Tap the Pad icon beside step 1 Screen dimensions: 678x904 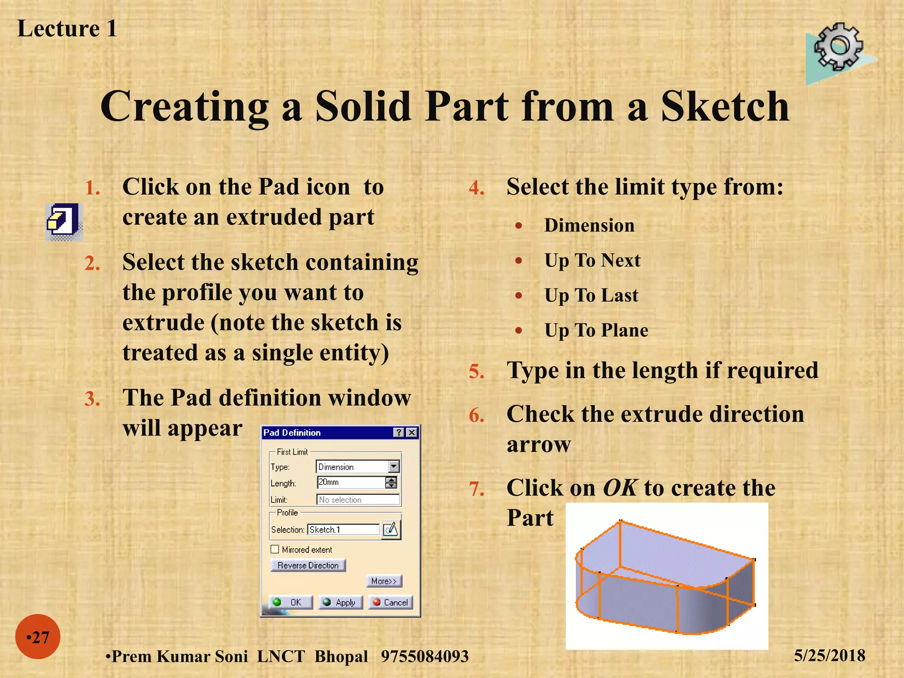[x=64, y=221]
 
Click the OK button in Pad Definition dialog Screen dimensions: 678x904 [x=290, y=602]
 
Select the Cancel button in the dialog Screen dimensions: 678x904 [x=391, y=602]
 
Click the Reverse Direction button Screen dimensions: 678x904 [x=308, y=565]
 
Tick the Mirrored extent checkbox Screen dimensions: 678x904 [x=275, y=549]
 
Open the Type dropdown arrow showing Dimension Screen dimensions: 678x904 [x=394, y=467]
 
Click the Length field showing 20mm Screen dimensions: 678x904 [x=351, y=482]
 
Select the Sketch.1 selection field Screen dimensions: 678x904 [x=343, y=529]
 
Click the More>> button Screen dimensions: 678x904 [x=384, y=581]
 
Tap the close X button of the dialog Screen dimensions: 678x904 [x=412, y=433]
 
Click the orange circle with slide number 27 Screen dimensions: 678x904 [x=38, y=637]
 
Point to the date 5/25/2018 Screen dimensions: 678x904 [x=829, y=655]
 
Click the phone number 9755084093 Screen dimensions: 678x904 [x=424, y=656]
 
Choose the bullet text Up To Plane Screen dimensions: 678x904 [x=596, y=330]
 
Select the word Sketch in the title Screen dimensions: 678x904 [x=724, y=107]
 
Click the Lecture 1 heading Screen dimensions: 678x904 [x=67, y=29]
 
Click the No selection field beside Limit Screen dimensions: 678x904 [x=358, y=500]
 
